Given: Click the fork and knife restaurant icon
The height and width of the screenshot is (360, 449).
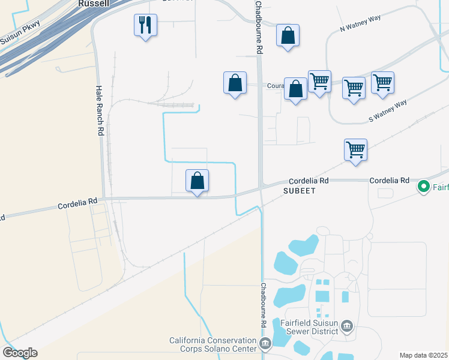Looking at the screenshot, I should pos(145,25).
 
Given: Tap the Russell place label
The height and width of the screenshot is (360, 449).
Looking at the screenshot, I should pos(94,3).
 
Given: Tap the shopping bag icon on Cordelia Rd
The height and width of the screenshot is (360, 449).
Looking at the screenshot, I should pos(197,181).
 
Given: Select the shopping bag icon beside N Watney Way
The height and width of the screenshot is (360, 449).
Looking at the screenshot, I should pos(288,35).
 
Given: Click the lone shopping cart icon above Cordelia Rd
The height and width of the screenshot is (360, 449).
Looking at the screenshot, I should pos(355,149).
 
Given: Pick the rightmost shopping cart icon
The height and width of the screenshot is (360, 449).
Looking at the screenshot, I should pos(382,82).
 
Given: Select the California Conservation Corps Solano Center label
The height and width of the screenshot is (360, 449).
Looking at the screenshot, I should pos(212,344).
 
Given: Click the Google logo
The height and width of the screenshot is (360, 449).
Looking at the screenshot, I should pos(20,353).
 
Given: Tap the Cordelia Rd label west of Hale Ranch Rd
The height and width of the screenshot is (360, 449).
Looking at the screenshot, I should pos(77,204).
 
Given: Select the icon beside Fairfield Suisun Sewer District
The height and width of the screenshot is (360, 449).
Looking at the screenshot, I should pos(347,326).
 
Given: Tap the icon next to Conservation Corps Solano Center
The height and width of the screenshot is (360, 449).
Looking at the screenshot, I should pos(265,344).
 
